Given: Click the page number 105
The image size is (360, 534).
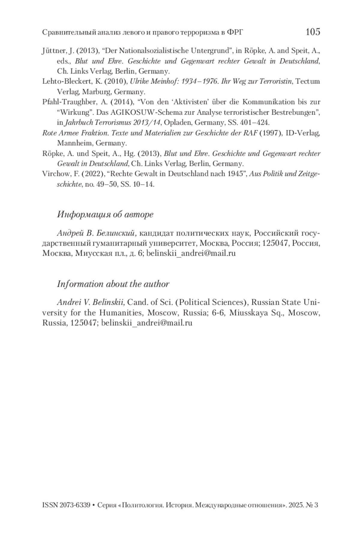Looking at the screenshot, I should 313,32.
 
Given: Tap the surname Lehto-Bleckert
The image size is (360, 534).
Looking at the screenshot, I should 64,81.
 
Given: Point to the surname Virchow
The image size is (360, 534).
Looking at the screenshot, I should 54,174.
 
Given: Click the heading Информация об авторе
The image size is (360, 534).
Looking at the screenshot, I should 105,214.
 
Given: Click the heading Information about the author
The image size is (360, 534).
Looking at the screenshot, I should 113,284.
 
